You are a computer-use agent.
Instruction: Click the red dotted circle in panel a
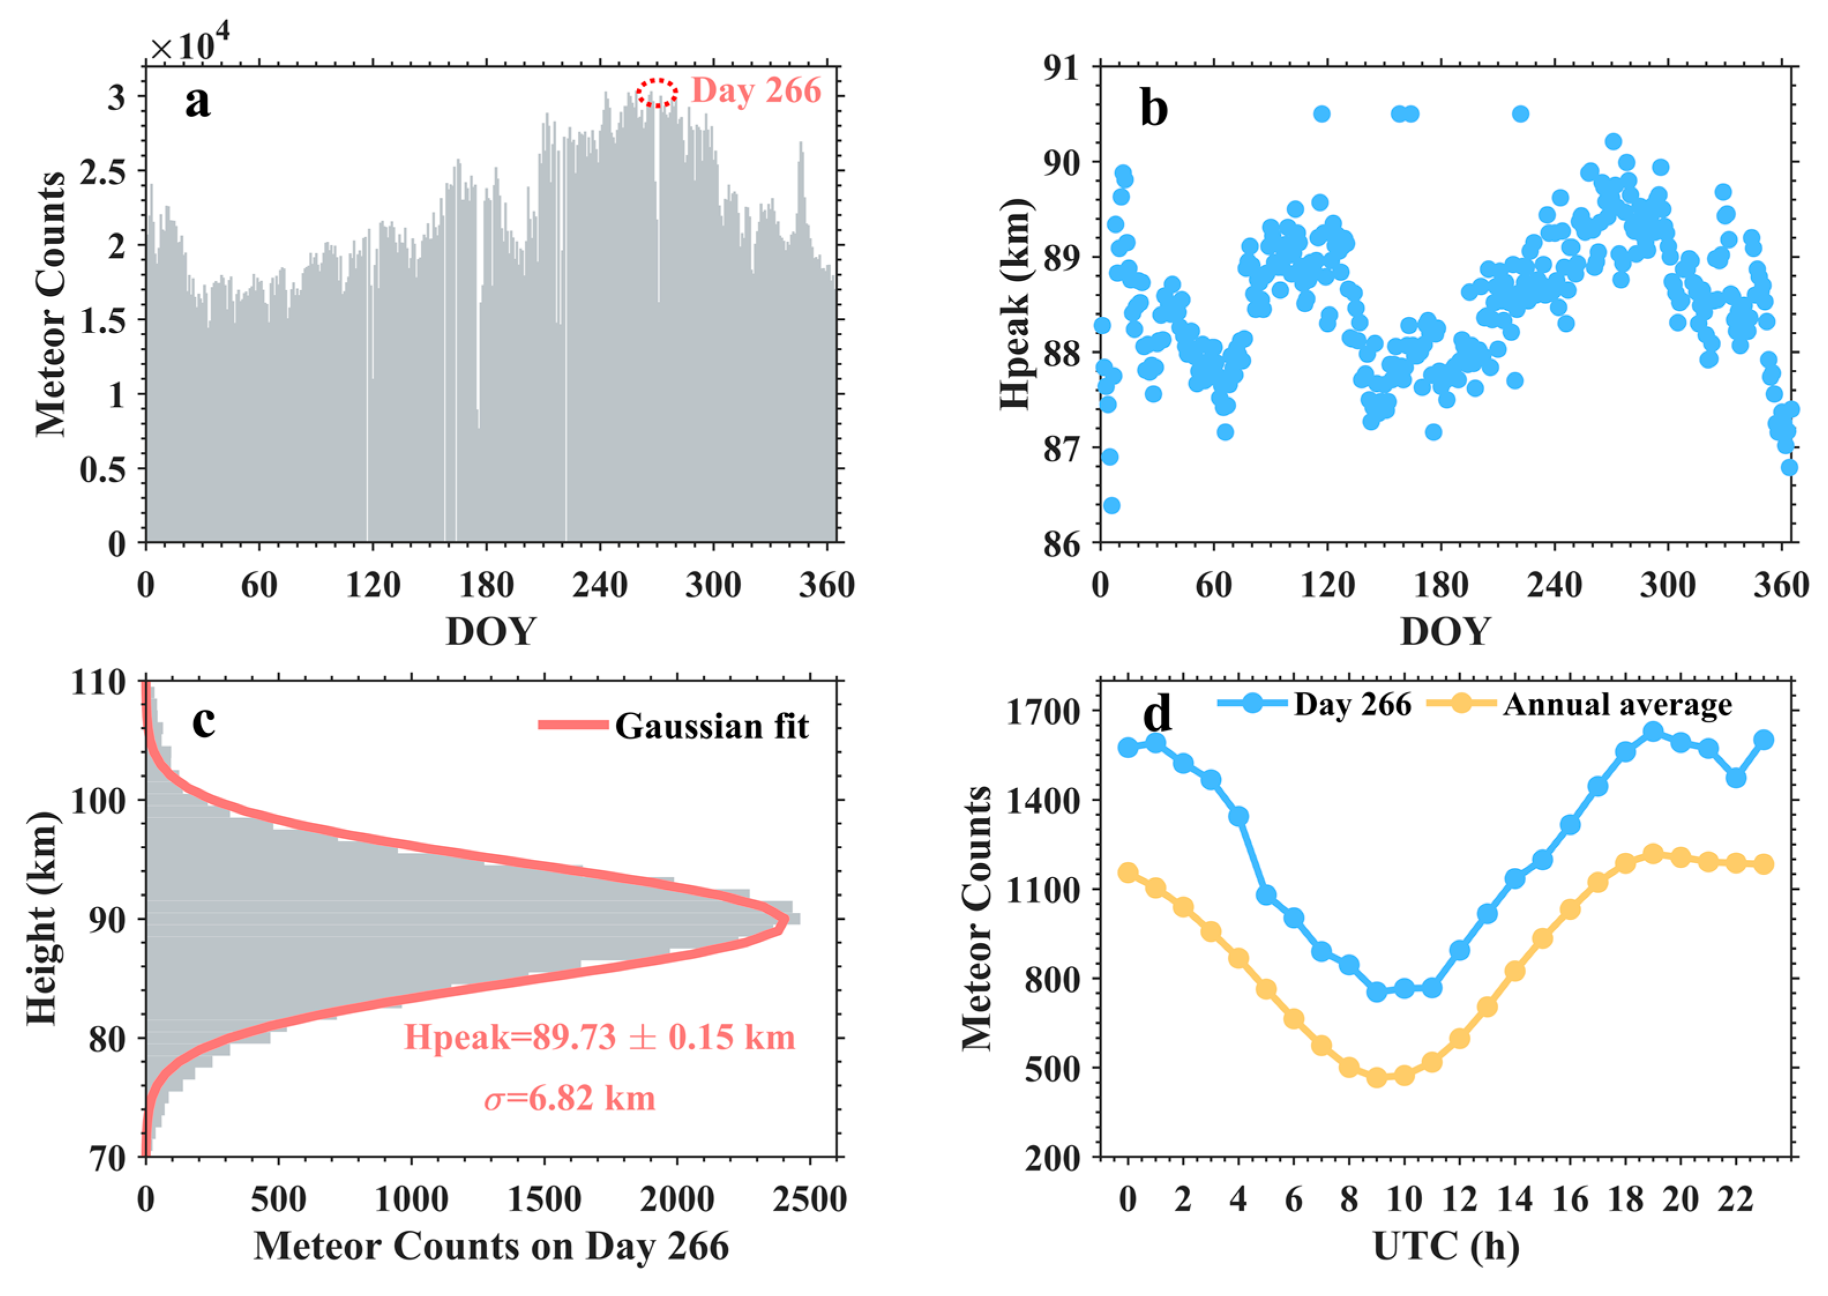656,92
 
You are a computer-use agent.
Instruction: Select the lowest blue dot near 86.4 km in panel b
1111,505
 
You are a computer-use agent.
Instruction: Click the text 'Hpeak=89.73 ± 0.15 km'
600,1037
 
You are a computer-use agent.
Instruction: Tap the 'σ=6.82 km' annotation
569,1099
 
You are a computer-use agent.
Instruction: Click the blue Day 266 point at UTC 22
1736,777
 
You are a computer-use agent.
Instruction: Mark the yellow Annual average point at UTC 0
1128,872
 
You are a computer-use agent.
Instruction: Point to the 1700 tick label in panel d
1042,712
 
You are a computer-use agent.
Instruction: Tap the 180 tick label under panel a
485,586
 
